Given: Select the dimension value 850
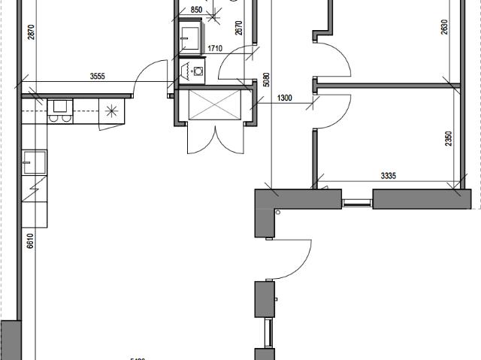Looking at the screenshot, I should pyautogui.click(x=196, y=10).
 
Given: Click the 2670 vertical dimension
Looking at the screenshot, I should pyautogui.click(x=238, y=28).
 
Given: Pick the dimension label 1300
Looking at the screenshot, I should pyautogui.click(x=285, y=98).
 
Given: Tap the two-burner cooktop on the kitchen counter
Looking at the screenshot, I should pyautogui.click(x=59, y=112).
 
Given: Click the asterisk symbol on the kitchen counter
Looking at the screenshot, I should pyautogui.click(x=112, y=111).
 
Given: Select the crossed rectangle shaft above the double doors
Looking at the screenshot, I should pyautogui.click(x=213, y=104).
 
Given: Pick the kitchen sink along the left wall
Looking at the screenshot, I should pyautogui.click(x=35, y=160).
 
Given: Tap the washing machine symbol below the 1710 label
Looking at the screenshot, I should pyautogui.click(x=198, y=71).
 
